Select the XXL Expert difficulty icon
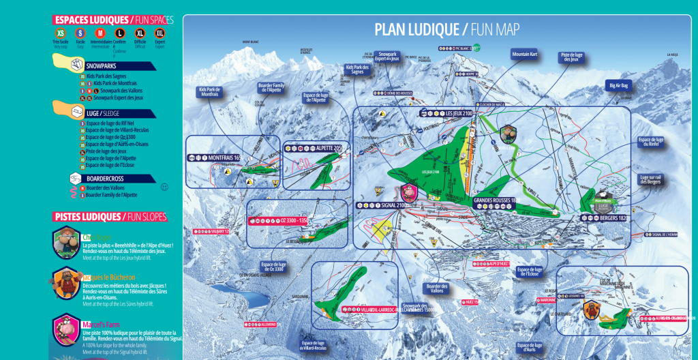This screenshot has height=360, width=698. click(x=160, y=33)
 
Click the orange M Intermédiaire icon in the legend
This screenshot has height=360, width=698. click(x=100, y=33)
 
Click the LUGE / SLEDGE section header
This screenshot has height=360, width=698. click(x=102, y=112)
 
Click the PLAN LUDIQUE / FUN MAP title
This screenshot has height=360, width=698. click(x=446, y=29)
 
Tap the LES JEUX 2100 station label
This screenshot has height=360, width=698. click(x=457, y=113)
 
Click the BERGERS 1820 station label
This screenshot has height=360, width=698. click(x=608, y=218)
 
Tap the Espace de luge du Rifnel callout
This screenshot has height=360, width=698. click(x=650, y=142)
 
